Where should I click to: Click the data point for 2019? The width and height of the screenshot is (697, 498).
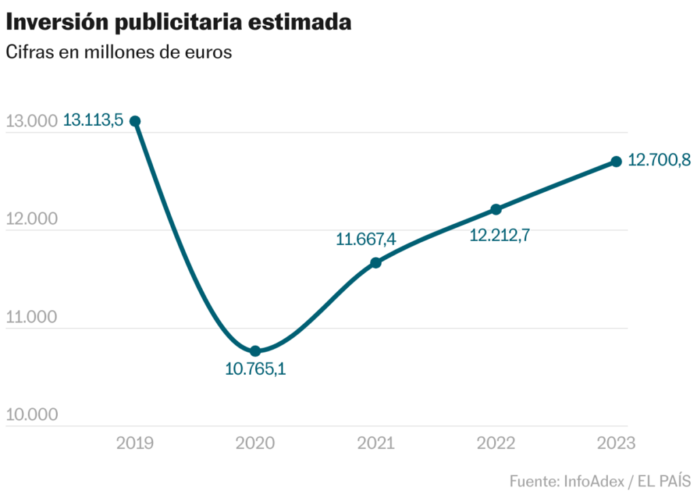click(x=135, y=121)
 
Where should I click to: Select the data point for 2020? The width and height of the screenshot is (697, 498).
click(x=255, y=351)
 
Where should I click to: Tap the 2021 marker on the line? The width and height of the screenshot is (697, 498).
click(x=376, y=263)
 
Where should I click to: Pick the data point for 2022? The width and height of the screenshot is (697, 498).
click(x=496, y=209)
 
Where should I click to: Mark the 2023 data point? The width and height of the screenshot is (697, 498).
click(x=616, y=161)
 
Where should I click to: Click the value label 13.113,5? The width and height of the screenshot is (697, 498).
click(x=93, y=121)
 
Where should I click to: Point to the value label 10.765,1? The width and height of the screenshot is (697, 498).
click(x=255, y=370)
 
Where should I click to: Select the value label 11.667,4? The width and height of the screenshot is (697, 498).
click(x=366, y=239)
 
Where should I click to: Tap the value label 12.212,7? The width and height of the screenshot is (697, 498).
click(x=500, y=235)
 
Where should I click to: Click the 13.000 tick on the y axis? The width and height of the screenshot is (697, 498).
click(x=31, y=122)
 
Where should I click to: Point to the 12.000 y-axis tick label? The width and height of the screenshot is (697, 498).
click(x=31, y=220)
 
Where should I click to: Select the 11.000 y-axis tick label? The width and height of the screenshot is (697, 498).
click(x=31, y=318)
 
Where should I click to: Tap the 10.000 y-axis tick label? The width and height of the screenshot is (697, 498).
click(x=31, y=416)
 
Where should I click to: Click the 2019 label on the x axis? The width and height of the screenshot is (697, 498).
click(x=135, y=444)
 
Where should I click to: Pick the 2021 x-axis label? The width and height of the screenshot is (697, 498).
click(x=376, y=444)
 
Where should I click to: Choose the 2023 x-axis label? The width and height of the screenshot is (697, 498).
click(x=616, y=444)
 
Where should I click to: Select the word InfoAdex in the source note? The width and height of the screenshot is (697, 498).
click(x=591, y=482)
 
